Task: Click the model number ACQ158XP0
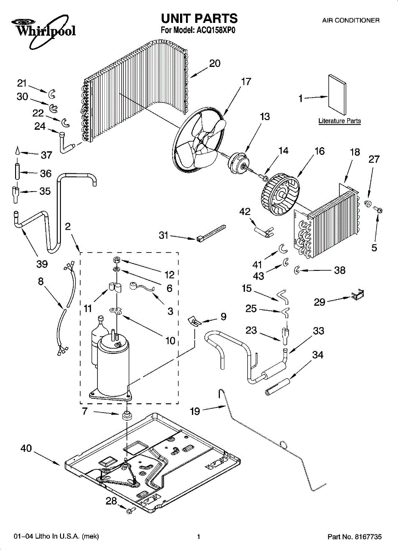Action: (x=215, y=30)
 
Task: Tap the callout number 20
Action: (x=215, y=63)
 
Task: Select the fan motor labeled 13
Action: (x=238, y=163)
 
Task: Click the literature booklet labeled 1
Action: (x=338, y=94)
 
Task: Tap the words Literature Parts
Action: (x=339, y=121)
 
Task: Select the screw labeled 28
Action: (x=131, y=510)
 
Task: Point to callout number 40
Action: (x=26, y=448)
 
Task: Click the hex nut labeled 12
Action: (x=116, y=259)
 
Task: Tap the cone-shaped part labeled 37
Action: (x=17, y=150)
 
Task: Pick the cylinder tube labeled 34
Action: (x=277, y=387)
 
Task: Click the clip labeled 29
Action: (x=358, y=294)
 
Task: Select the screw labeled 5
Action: (x=378, y=209)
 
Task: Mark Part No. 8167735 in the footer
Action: (x=354, y=537)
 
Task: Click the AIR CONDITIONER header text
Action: (x=351, y=20)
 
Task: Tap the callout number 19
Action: (x=195, y=411)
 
